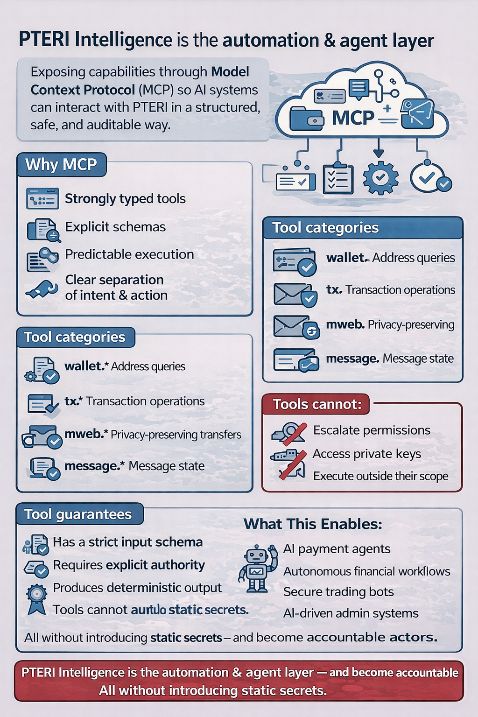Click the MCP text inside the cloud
[353, 118]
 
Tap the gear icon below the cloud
[380, 178]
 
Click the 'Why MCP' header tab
[61, 165]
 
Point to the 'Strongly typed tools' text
[125, 199]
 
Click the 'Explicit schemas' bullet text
[115, 227]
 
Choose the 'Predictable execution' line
[129, 254]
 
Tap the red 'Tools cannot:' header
[317, 404]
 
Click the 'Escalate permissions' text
[372, 430]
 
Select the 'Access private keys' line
[367, 454]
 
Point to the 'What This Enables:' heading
[313, 524]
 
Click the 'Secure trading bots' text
[338, 592]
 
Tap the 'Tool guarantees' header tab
[78, 514]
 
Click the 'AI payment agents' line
[337, 549]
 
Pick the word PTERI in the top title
[45, 40]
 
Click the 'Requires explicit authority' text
[129, 565]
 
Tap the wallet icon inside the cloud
[306, 119]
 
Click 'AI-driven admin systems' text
[351, 613]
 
